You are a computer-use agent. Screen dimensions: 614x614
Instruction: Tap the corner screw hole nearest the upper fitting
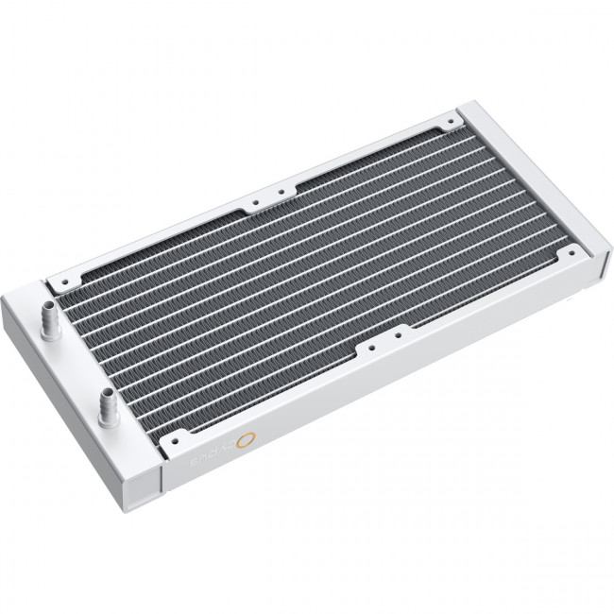click(x=64, y=279)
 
